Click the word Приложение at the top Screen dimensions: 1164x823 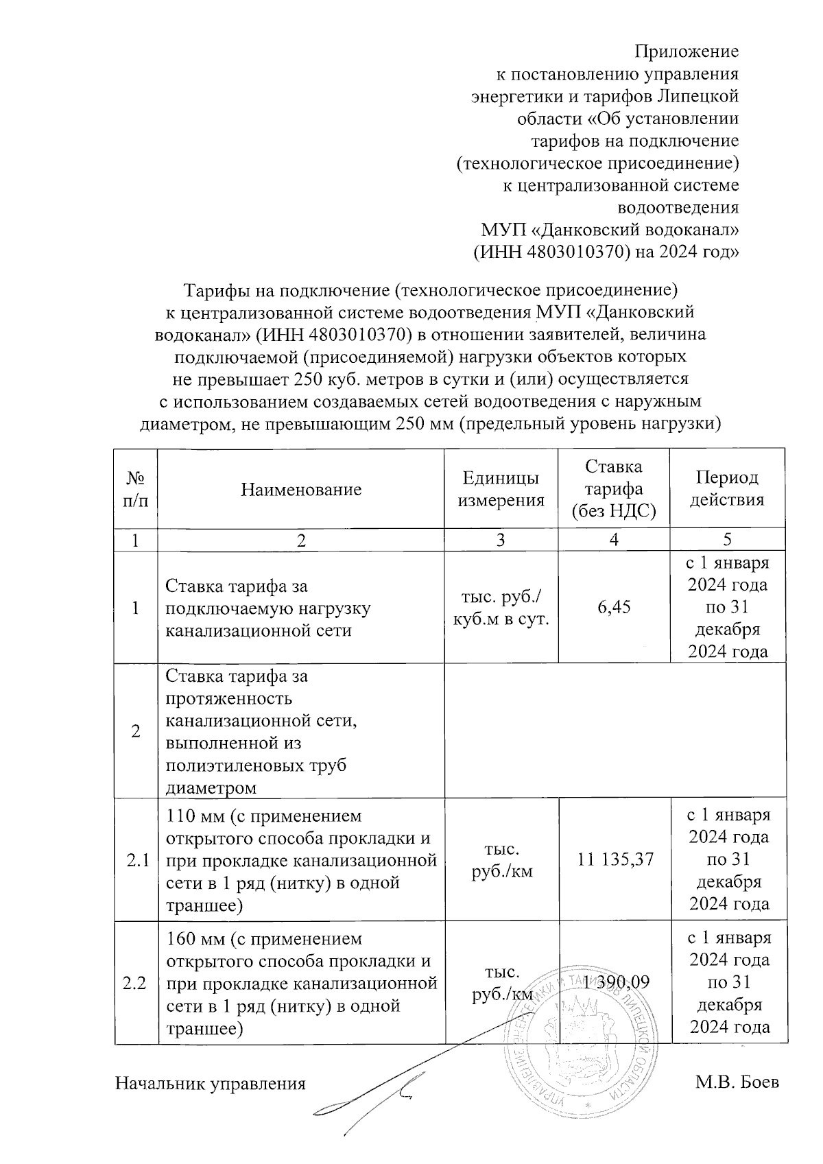(686, 51)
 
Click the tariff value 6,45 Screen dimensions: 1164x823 (614, 607)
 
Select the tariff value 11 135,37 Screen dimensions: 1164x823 (615, 858)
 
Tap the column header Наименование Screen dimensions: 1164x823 (301, 489)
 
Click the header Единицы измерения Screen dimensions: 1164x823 (501, 489)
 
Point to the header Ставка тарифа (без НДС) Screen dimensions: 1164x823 (614, 488)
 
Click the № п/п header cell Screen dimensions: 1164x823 (135, 489)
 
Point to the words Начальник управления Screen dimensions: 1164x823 (210, 1084)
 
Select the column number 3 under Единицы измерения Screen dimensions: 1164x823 (501, 540)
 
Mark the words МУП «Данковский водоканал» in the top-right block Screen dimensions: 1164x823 (610, 229)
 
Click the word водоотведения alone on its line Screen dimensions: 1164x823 (678, 207)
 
